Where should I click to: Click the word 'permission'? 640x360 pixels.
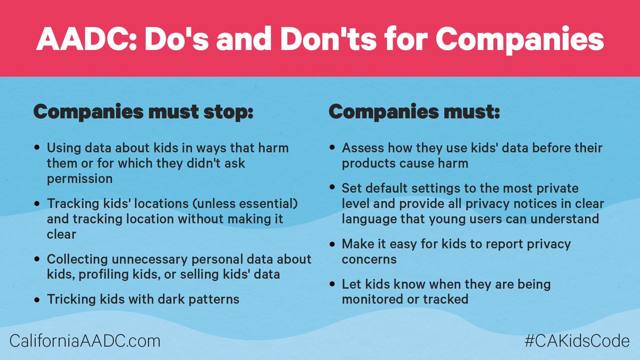79,179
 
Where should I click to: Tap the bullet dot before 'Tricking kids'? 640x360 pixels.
36,300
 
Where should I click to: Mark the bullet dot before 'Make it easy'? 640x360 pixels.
332,245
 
